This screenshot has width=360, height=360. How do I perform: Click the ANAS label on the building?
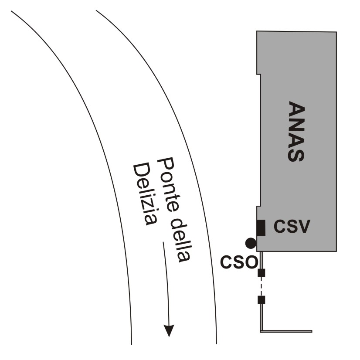(296, 132)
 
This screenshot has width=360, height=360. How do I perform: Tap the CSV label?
(292, 227)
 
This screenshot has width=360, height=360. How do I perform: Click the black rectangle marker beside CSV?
(261, 228)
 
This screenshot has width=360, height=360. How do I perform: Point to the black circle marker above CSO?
(251, 243)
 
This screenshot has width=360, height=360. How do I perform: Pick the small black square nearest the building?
(262, 273)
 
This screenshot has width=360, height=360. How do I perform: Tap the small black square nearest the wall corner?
(262, 300)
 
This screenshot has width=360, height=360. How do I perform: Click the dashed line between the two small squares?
(262, 286)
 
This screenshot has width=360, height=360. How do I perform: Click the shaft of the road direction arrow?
(165, 283)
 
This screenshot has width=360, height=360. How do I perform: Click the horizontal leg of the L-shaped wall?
(288, 331)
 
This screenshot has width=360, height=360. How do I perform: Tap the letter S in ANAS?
(296, 155)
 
